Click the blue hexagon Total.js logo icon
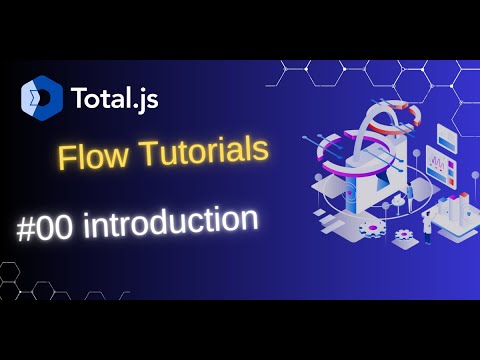pyautogui.click(x=42, y=97)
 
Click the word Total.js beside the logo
pyautogui.click(x=114, y=98)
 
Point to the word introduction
pyautogui.click(x=171, y=222)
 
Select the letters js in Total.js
pyautogui.click(x=146, y=99)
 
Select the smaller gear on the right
pyautogui.click(x=404, y=234)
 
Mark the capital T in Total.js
pyautogui.click(x=78, y=98)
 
